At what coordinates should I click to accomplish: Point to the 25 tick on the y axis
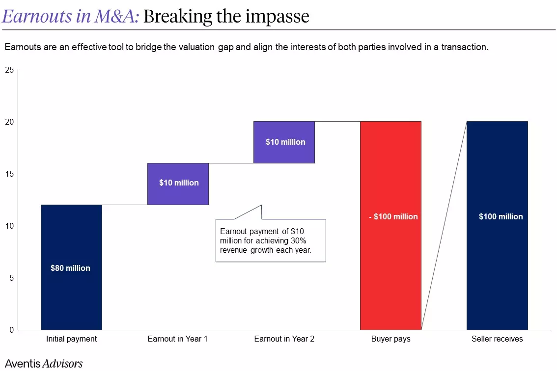9,70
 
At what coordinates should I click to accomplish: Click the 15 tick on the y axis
9,174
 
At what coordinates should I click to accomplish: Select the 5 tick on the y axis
11,278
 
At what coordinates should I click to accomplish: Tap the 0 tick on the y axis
11,330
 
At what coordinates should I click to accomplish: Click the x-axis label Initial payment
71,339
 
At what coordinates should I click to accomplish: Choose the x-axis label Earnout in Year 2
284,339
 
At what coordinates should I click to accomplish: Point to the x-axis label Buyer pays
390,339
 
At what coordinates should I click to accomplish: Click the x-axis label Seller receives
497,339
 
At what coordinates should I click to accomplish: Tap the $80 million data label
70,268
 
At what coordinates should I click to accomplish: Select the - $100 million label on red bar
393,216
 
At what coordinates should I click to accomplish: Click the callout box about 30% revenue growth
271,240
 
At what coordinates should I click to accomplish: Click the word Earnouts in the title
37,16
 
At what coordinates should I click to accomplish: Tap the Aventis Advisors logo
44,364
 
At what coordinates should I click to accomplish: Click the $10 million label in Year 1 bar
179,183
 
